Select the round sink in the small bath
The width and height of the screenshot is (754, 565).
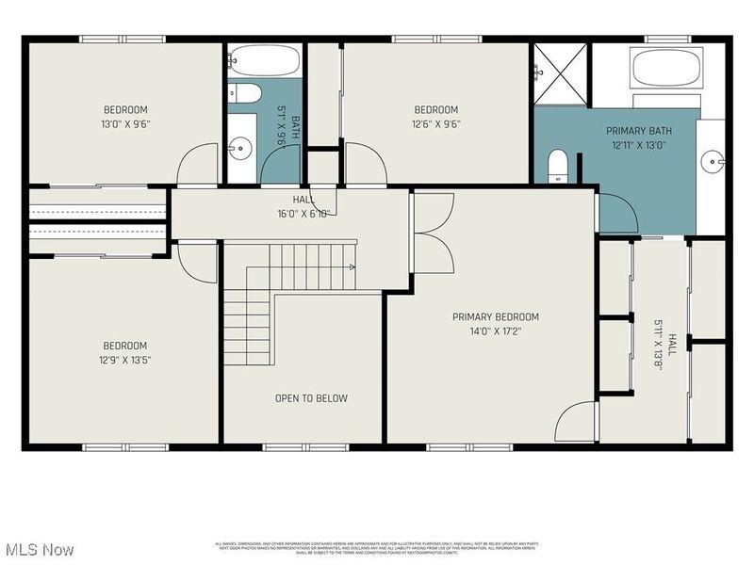[242, 146]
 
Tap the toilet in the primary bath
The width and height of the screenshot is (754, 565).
[557, 166]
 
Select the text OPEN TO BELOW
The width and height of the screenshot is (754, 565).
[311, 398]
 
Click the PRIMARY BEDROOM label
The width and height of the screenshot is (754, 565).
[496, 317]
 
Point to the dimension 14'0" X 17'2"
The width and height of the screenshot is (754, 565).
[496, 331]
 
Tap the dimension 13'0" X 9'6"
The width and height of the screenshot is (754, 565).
[126, 123]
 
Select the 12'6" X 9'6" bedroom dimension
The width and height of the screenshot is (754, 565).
[435, 123]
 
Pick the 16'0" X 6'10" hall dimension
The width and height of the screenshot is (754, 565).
[303, 214]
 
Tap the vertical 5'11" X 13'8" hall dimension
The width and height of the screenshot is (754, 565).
[659, 345]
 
